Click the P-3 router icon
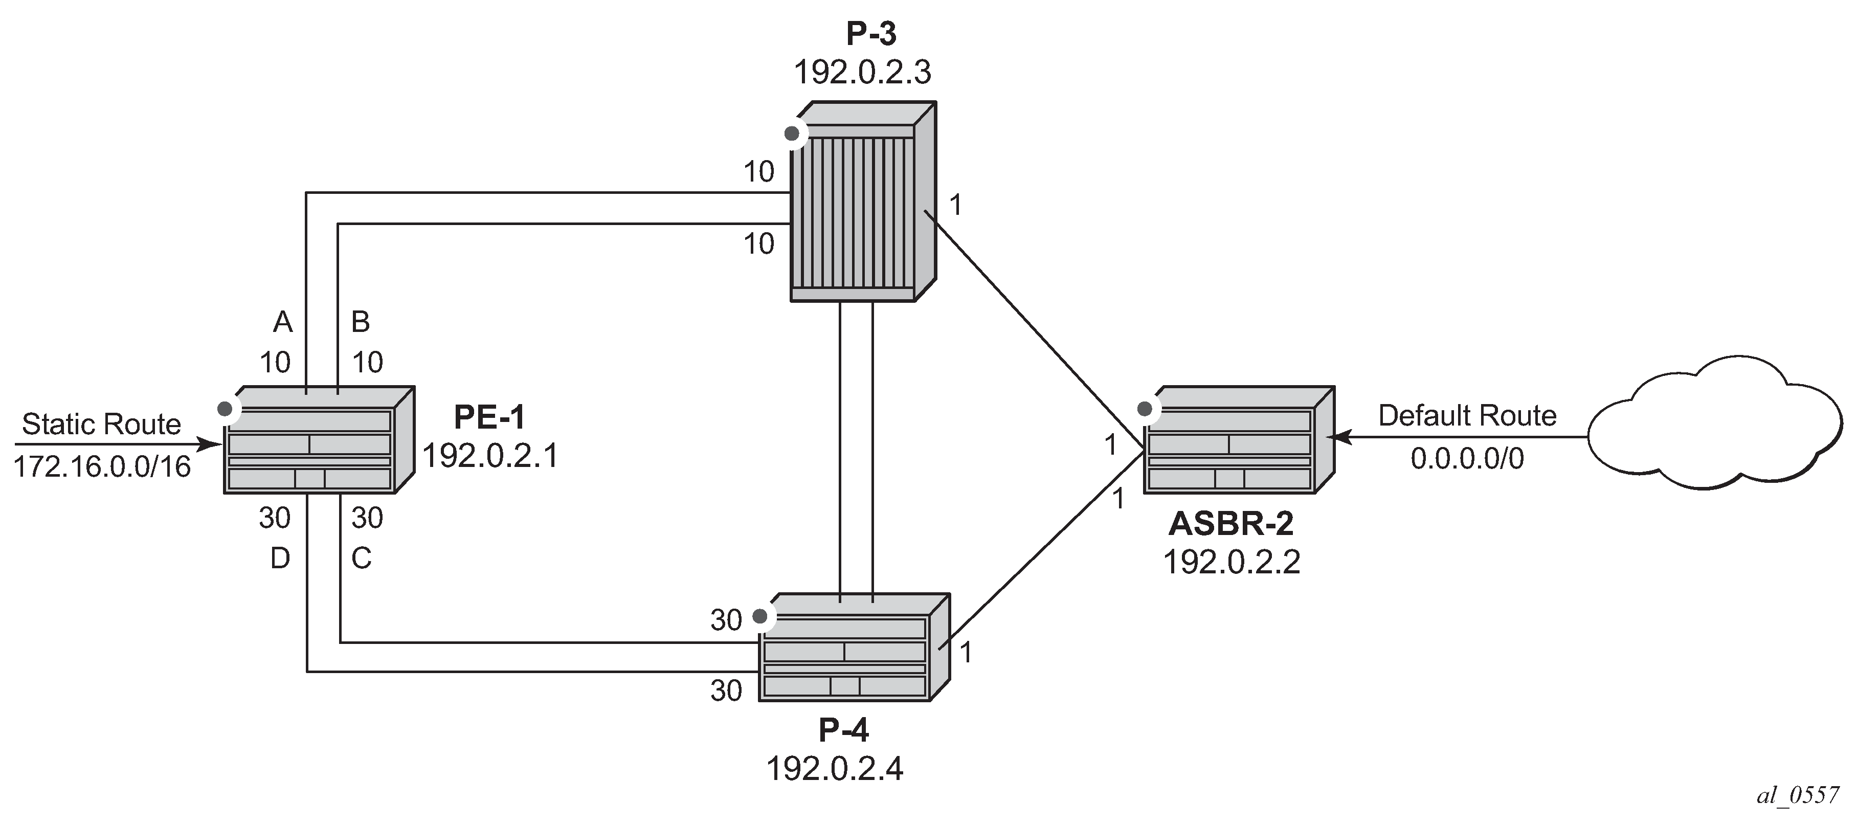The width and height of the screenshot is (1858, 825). click(x=863, y=201)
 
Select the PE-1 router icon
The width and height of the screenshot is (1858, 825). click(x=319, y=440)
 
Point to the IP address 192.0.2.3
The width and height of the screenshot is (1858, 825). click(x=863, y=72)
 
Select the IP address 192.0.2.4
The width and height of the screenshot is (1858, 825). click(x=835, y=769)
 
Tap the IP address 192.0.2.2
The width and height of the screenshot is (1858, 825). click(x=1231, y=562)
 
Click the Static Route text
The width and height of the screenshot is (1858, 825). click(x=102, y=424)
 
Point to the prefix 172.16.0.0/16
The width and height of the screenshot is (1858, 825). click(x=102, y=466)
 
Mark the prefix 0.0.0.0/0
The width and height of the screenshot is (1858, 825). click(x=1467, y=459)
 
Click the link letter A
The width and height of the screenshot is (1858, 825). click(x=283, y=322)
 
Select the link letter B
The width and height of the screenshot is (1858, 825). click(x=361, y=322)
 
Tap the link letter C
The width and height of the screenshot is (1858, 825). click(x=362, y=558)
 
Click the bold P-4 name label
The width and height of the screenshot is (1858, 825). click(x=844, y=730)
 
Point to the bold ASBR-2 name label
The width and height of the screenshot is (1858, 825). click(x=1230, y=524)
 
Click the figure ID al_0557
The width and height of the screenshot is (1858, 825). click(x=1798, y=795)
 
